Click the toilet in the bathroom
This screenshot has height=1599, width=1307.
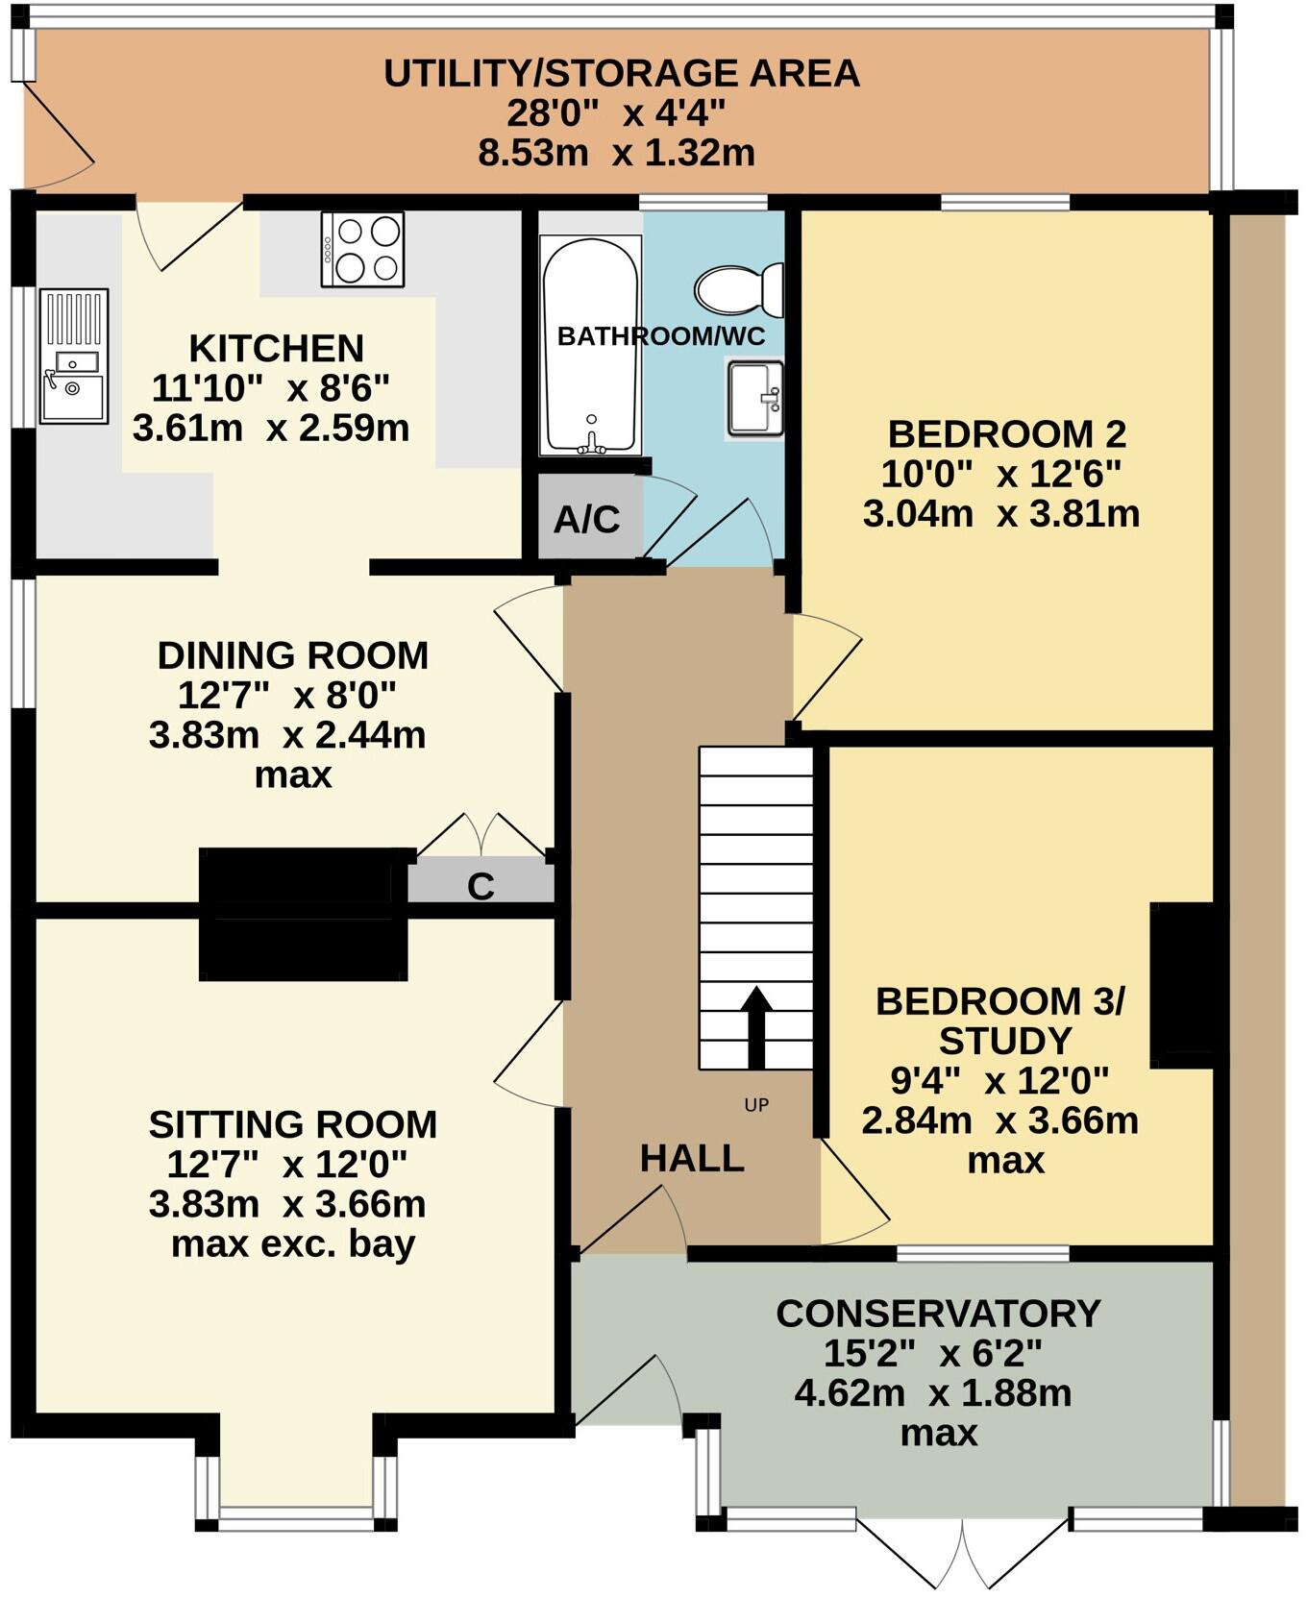click(x=738, y=288)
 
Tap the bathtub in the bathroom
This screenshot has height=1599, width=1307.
click(x=590, y=346)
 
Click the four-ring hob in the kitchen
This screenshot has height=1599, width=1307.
click(x=362, y=249)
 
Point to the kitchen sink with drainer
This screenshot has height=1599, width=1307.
click(x=73, y=357)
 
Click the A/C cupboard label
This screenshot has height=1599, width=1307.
click(x=587, y=520)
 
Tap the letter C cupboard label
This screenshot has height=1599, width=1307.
click(x=481, y=886)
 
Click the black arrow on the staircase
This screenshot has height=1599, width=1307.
click(x=756, y=1026)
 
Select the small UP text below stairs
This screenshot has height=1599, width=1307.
click(x=756, y=1105)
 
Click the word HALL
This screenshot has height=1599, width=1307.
click(x=692, y=1158)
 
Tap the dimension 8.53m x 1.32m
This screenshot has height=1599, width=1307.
click(x=616, y=153)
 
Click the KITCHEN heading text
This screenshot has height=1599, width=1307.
click(x=276, y=348)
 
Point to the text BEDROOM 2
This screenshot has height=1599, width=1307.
click(x=1005, y=434)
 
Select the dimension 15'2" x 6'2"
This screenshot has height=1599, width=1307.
click(x=932, y=1353)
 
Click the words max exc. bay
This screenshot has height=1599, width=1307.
click(x=293, y=1243)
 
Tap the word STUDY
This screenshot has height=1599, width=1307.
click(x=1004, y=1041)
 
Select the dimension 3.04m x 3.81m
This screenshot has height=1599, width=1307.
click(x=1001, y=513)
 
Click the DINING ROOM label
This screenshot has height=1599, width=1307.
click(x=293, y=655)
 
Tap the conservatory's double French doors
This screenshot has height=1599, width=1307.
click(x=962, y=1553)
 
